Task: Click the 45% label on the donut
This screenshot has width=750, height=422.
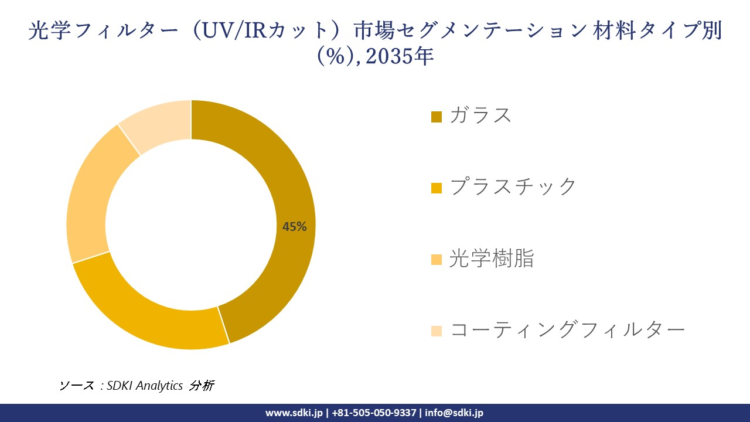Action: (294, 227)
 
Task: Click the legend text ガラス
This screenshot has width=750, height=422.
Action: (480, 115)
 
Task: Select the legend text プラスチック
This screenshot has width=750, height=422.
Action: (513, 187)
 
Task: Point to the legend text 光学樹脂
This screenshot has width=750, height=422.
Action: (491, 258)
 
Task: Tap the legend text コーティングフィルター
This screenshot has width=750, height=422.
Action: (567, 330)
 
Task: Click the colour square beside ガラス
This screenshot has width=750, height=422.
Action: (436, 117)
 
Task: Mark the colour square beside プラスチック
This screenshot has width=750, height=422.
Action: (436, 188)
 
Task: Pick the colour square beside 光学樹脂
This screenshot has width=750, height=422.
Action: (436, 260)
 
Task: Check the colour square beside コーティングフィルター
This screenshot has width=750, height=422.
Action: (436, 331)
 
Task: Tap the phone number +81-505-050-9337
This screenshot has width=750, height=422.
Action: (374, 413)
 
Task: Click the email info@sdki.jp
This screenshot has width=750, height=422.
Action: (454, 413)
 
